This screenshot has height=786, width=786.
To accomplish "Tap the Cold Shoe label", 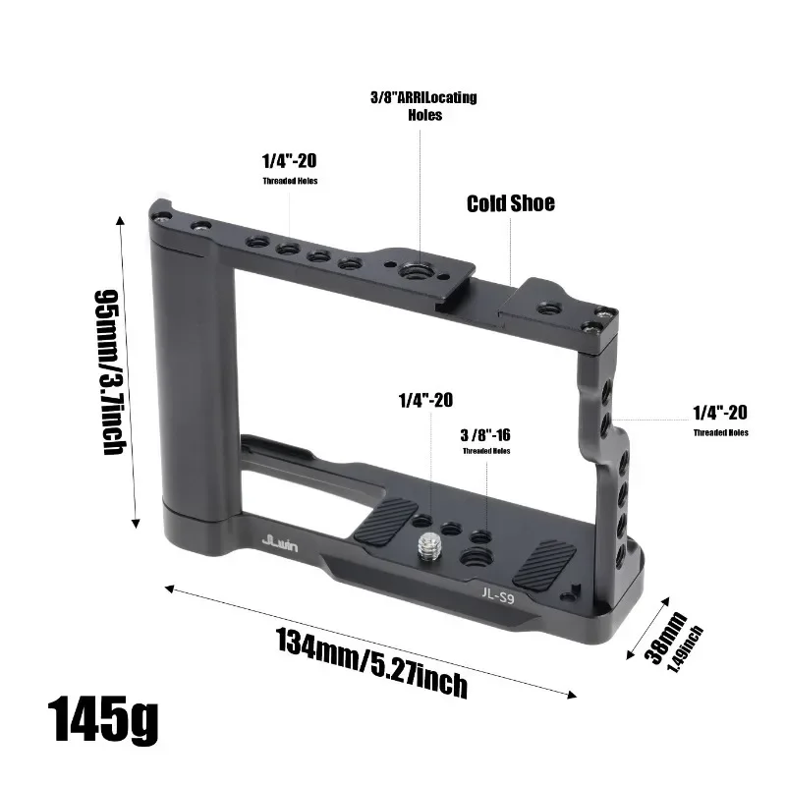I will pos(510,203).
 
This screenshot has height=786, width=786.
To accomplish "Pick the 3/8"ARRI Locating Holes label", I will pos(422,106).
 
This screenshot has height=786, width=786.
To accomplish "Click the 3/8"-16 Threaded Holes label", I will pos(486,440).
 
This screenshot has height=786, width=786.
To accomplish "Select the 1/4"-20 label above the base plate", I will pos(425,401).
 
